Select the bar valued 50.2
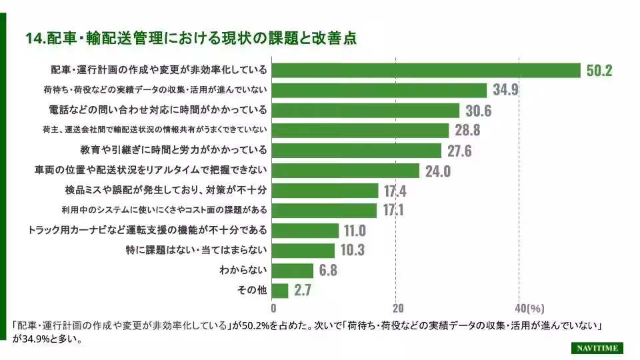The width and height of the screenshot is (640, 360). click(427, 71)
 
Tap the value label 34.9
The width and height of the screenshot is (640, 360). click(505, 91)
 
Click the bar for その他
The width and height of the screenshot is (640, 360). click(281, 291)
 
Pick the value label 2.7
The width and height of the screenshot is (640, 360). click(302, 291)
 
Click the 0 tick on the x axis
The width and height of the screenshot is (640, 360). click(273, 309)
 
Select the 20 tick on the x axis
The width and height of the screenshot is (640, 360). click(397, 309)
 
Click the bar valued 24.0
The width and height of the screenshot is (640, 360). click(346, 171)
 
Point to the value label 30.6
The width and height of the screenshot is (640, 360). click(478, 111)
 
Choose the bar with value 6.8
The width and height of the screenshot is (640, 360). click(293, 271)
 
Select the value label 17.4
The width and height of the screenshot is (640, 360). click(395, 191)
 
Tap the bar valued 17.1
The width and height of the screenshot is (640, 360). click(325, 211)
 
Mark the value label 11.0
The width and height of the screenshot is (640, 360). click(355, 231)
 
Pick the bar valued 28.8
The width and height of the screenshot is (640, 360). click(361, 131)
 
